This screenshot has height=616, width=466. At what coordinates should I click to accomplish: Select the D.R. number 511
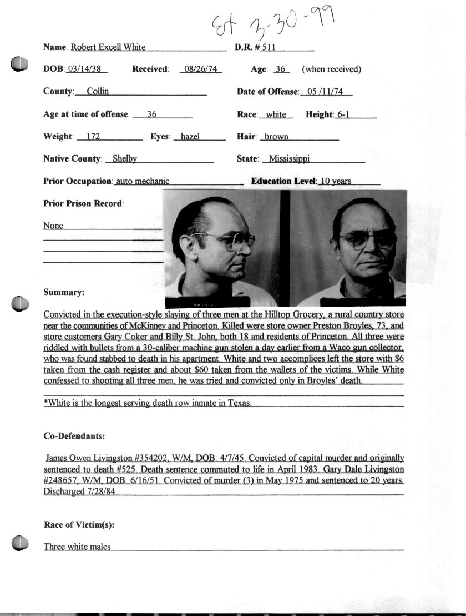click(x=269, y=47)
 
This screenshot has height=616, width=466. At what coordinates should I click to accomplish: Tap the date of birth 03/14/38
click(x=87, y=69)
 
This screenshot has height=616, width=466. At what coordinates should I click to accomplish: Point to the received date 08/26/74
click(x=201, y=69)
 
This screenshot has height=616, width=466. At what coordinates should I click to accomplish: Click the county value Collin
click(x=98, y=92)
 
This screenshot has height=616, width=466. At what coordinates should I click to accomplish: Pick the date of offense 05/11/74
click(x=325, y=92)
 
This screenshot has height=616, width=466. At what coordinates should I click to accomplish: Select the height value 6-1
click(x=342, y=114)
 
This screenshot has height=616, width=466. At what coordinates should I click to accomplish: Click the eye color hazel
click(x=190, y=137)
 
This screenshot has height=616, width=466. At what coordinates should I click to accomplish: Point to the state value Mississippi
click(x=289, y=159)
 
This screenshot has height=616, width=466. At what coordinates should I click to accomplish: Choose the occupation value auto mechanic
click(x=143, y=181)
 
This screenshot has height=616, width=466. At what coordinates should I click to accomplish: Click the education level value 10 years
click(x=336, y=181)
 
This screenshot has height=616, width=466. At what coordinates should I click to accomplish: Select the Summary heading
click(x=64, y=292)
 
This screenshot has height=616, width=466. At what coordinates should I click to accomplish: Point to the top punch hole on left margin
click(x=19, y=64)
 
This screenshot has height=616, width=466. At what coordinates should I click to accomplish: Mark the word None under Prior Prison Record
click(x=53, y=226)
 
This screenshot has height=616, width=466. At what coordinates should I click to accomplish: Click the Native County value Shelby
click(x=125, y=159)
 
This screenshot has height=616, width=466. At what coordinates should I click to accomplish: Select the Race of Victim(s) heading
click(x=79, y=525)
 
